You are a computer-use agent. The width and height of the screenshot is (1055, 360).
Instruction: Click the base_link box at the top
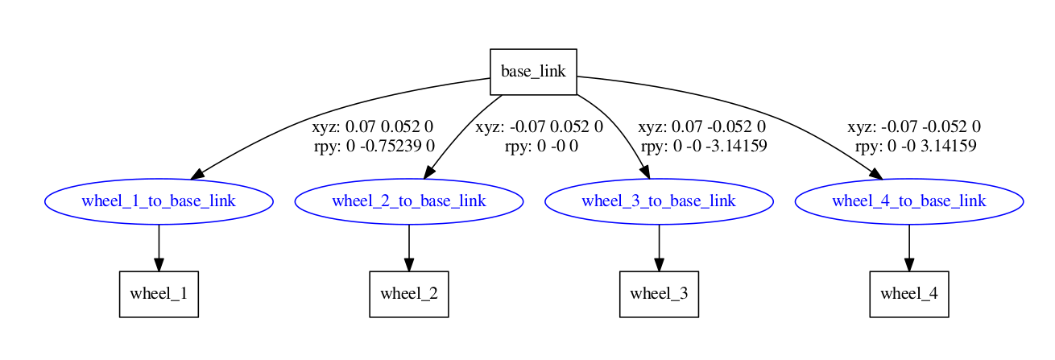click(533, 71)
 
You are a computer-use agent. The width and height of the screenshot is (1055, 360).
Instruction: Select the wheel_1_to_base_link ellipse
click(159, 201)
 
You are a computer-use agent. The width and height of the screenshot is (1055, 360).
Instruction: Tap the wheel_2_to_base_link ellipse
click(409, 201)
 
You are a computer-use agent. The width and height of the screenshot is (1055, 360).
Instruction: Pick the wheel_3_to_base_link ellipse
click(659, 201)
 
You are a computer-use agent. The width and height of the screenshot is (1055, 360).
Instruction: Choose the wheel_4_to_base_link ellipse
click(909, 201)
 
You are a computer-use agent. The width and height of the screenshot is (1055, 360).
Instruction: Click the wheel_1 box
click(159, 294)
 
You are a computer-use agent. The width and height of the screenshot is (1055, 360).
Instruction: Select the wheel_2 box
click(409, 294)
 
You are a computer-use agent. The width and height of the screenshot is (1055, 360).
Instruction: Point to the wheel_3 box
click(659, 294)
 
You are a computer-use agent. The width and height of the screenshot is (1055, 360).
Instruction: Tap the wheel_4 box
click(909, 294)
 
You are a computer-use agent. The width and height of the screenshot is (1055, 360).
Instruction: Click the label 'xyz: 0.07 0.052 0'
click(373, 127)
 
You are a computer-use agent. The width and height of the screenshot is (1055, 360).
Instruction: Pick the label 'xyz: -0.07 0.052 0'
click(539, 127)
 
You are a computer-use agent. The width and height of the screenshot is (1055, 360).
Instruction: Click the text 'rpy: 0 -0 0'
click(541, 146)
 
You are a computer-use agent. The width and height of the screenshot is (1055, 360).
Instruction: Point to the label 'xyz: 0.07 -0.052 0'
click(701, 127)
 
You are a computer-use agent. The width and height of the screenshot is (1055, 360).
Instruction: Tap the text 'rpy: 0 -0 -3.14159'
click(703, 146)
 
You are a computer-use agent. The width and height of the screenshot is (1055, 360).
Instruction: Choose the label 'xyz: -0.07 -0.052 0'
click(913, 127)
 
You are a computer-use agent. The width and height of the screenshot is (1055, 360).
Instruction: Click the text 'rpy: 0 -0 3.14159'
click(916, 146)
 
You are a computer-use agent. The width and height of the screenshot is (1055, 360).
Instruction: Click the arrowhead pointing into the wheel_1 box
click(159, 263)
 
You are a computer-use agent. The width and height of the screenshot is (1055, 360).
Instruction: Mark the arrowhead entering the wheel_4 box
click(909, 263)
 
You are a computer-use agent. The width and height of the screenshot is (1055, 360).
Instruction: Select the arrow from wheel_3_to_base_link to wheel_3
click(659, 246)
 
